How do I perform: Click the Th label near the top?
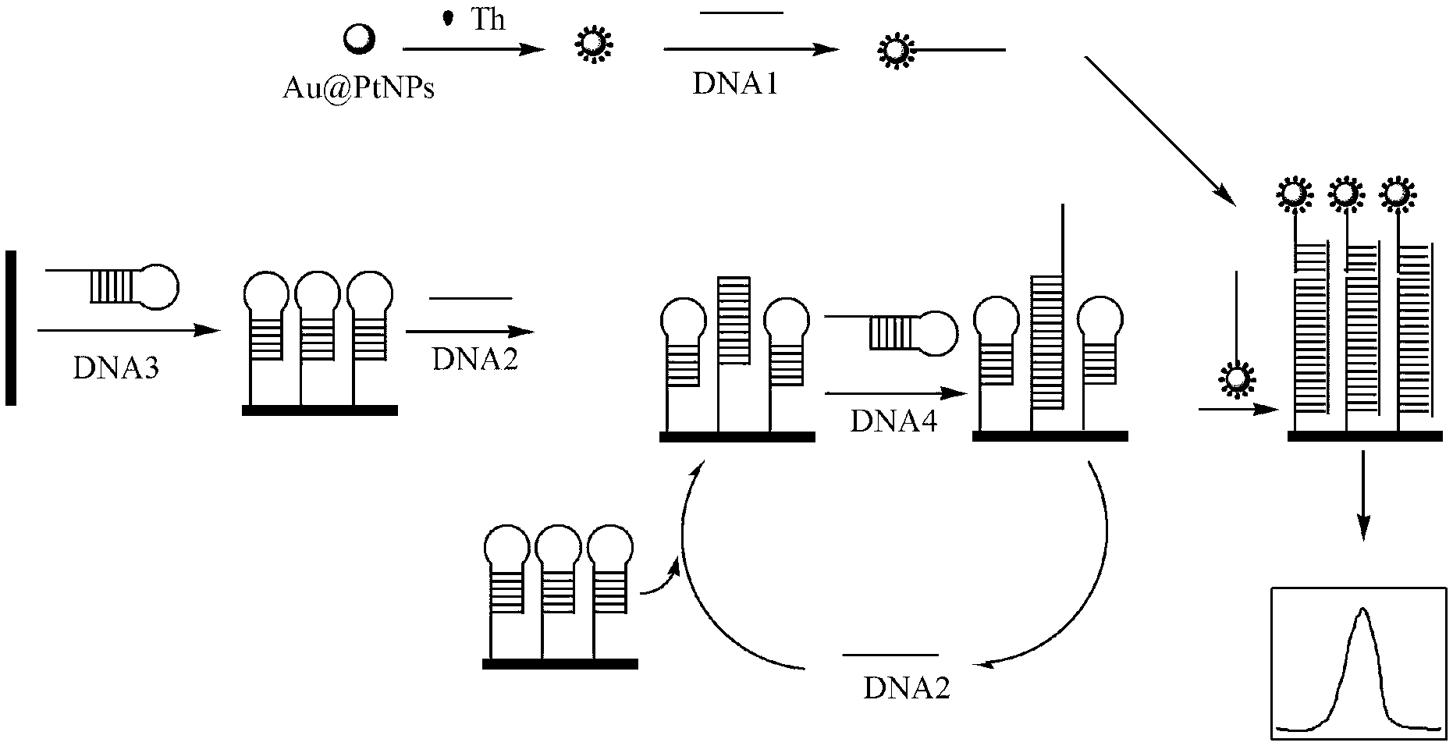pos(488,20)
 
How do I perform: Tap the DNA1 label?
pos(735,84)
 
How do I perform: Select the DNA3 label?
pos(116,367)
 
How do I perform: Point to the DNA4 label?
pos(893,421)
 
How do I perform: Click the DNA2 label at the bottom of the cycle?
pos(907,688)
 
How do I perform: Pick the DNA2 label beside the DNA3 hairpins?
pos(475,361)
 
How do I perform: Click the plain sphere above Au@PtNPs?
pos(361,37)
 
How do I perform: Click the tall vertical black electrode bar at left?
pos(11,328)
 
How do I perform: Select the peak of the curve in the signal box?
pos(1362,611)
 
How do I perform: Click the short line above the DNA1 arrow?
pos(741,12)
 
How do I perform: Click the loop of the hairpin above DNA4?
pos(936,332)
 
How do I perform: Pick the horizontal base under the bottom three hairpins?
pos(560,664)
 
